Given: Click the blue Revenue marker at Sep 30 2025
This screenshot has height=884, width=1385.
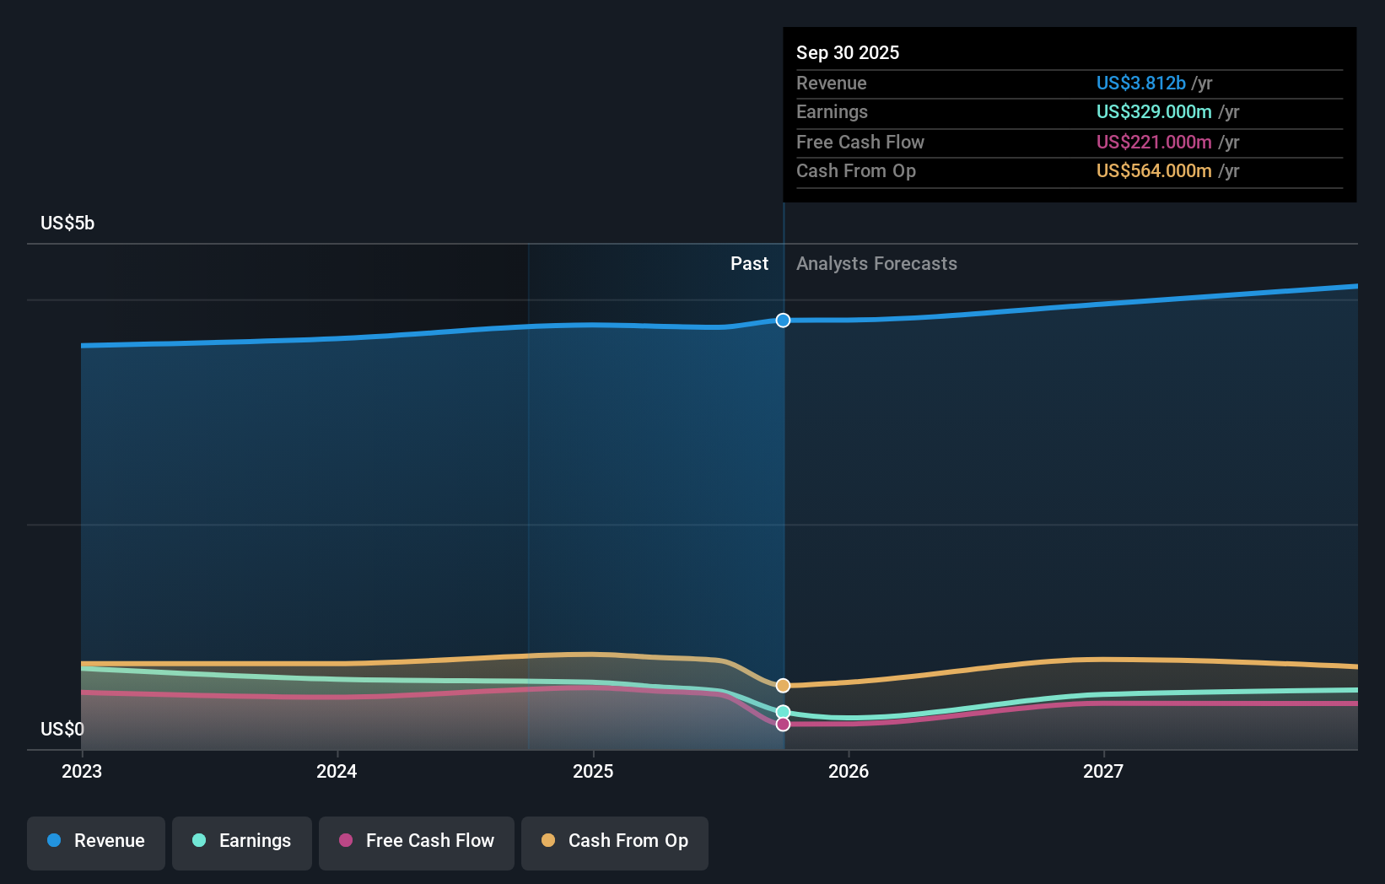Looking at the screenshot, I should pos(783,321).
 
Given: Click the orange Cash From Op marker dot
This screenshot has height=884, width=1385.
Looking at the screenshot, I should pos(783,686).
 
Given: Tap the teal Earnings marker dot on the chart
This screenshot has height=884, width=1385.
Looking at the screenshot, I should pos(783,712).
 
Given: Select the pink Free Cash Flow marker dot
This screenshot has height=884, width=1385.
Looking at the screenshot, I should pos(783,725).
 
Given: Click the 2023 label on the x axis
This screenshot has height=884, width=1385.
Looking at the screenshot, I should pos(82,771).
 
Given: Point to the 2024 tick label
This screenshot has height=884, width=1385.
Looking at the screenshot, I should pos(337,771).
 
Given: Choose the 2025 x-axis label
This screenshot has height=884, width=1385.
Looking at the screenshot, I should pos(593,771).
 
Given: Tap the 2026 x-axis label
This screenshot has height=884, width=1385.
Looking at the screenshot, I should pos(849,771).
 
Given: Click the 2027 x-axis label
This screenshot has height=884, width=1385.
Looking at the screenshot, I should pos(1103,771).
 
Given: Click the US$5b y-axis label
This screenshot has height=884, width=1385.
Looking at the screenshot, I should pos(67,224).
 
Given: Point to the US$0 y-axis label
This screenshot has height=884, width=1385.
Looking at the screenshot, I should pos(62,729).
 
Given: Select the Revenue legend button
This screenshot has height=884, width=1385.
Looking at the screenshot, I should pos(96,842).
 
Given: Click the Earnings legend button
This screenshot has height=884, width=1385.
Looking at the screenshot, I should pos(242,842).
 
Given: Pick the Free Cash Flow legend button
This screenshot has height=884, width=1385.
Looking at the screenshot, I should pos(417,842).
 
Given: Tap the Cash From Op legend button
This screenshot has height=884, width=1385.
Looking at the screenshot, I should pos(615,842).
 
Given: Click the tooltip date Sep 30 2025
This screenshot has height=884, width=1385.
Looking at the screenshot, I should pos(848,52).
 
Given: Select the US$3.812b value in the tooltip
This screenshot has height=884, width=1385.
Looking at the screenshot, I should pos(1140,83).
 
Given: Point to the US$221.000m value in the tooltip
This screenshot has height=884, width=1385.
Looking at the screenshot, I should pos(1154,142).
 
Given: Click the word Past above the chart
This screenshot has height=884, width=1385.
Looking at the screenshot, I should pos(749,264).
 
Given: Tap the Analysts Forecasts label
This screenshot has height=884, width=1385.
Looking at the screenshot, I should pos(876,264).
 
